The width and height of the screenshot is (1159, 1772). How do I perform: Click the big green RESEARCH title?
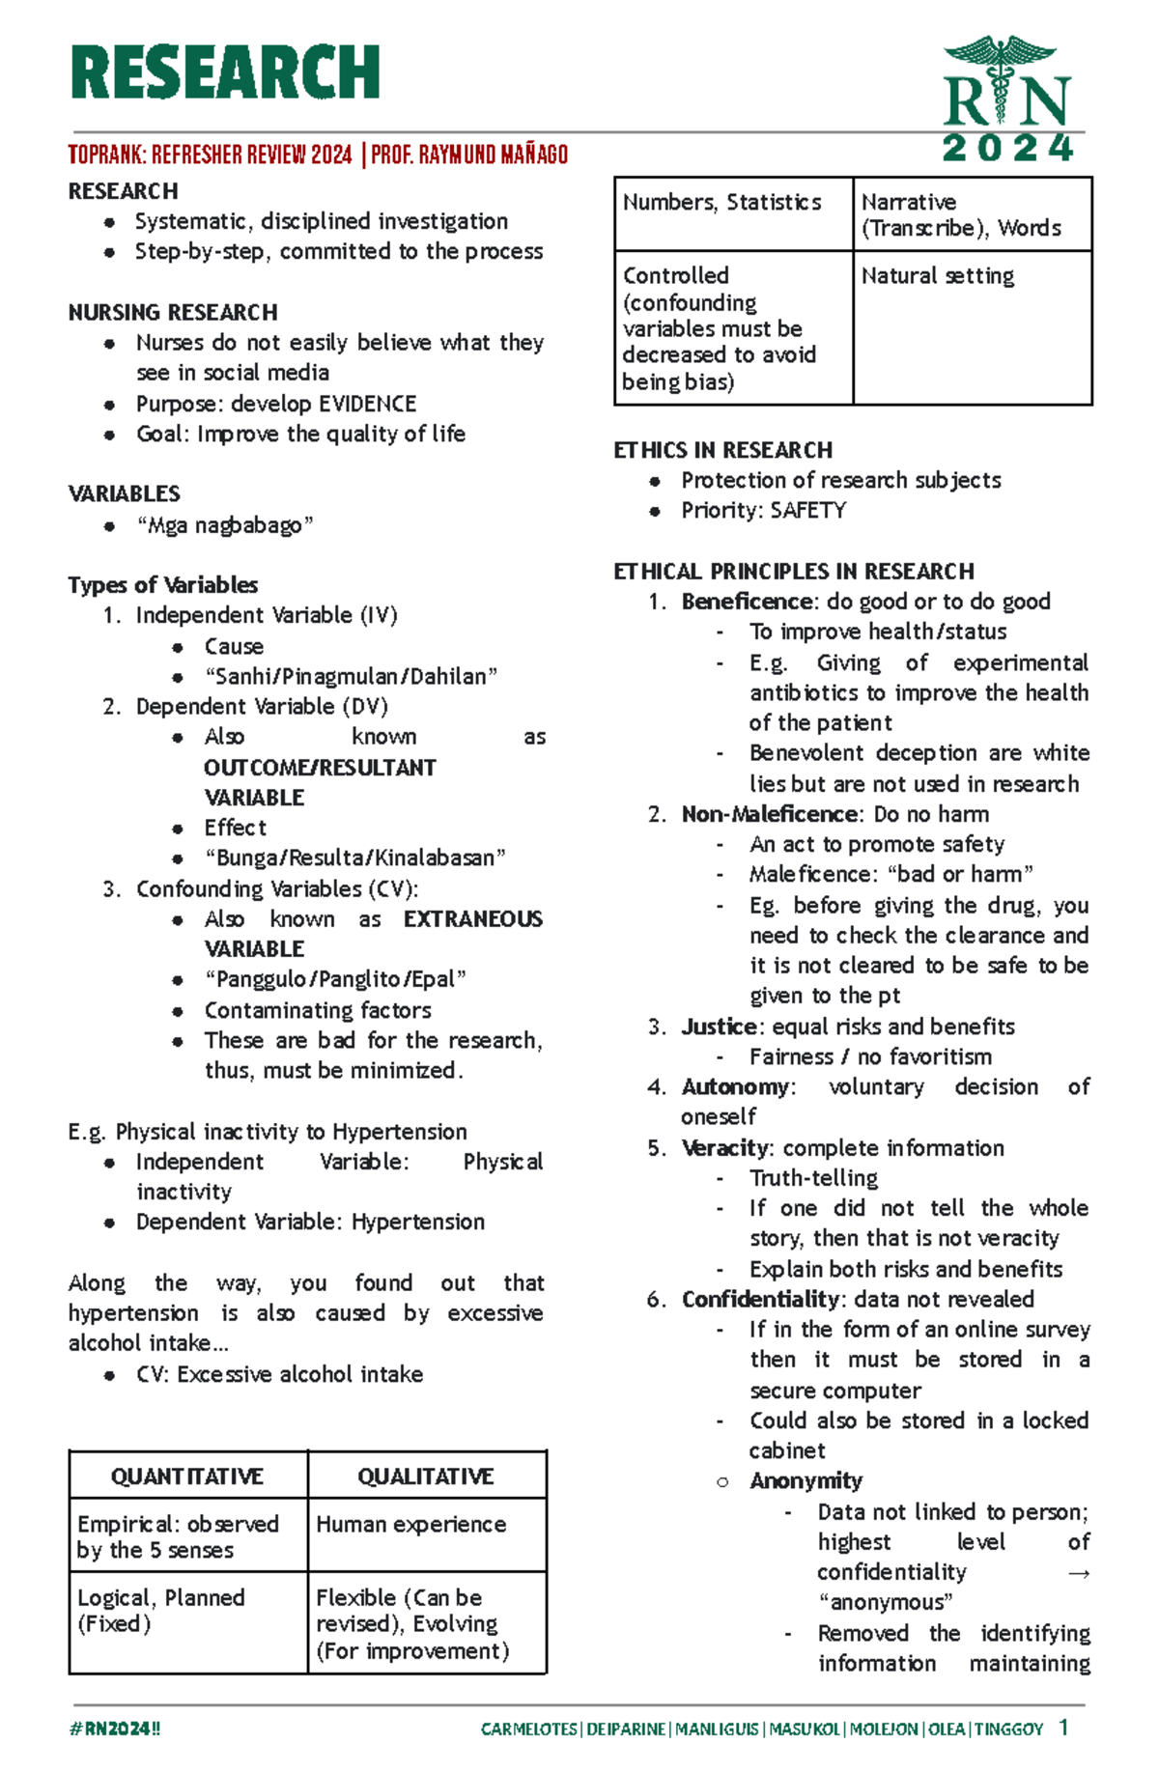point(225,72)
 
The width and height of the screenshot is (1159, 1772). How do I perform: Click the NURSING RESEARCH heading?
point(173,313)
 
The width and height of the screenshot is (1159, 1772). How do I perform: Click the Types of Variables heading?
point(162,585)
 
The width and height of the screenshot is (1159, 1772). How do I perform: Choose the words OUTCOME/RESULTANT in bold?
point(320,768)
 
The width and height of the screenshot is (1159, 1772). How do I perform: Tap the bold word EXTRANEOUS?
point(472,919)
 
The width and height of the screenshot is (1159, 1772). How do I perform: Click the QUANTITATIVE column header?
point(187,1477)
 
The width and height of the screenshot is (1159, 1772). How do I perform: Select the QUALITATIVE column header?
point(426,1477)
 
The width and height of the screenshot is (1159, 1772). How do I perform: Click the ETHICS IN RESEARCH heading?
point(722,450)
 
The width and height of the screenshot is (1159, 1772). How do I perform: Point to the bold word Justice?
point(720,1027)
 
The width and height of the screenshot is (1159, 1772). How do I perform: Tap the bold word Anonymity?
point(806,1481)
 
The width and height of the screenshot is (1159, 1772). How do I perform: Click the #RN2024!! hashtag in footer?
point(115,1729)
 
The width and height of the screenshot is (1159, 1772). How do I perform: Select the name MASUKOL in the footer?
point(805,1730)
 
